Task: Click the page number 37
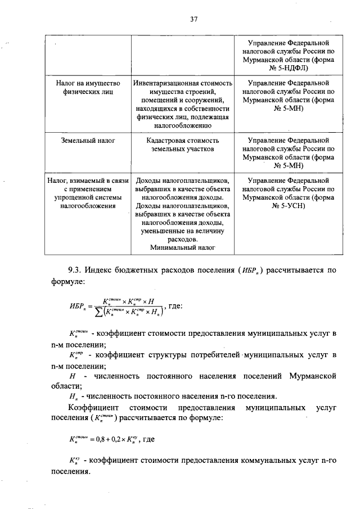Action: [x=193, y=19]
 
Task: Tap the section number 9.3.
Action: [x=74, y=271]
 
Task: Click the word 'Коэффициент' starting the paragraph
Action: [x=93, y=407]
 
